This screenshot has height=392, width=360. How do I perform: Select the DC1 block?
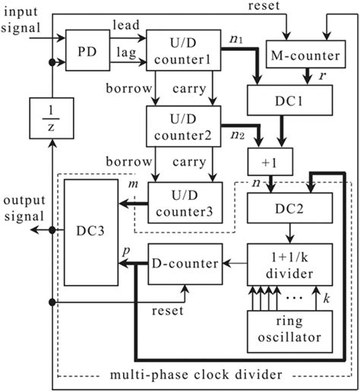[289, 100]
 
